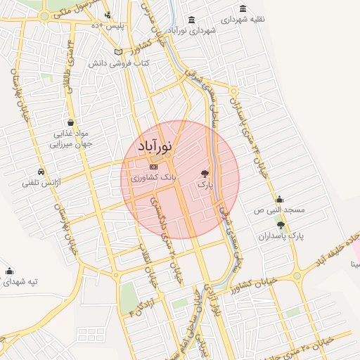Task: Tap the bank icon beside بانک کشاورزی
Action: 153,167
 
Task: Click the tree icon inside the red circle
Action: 205,172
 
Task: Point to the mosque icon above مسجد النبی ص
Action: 280,199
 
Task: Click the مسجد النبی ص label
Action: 279,210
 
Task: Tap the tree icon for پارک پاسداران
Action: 281,226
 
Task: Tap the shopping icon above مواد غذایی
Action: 69,122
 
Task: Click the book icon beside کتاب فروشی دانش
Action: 118,53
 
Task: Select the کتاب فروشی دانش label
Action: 117,63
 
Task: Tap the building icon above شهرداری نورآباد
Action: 192,20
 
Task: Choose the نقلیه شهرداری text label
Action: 243,19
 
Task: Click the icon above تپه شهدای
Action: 9,271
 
